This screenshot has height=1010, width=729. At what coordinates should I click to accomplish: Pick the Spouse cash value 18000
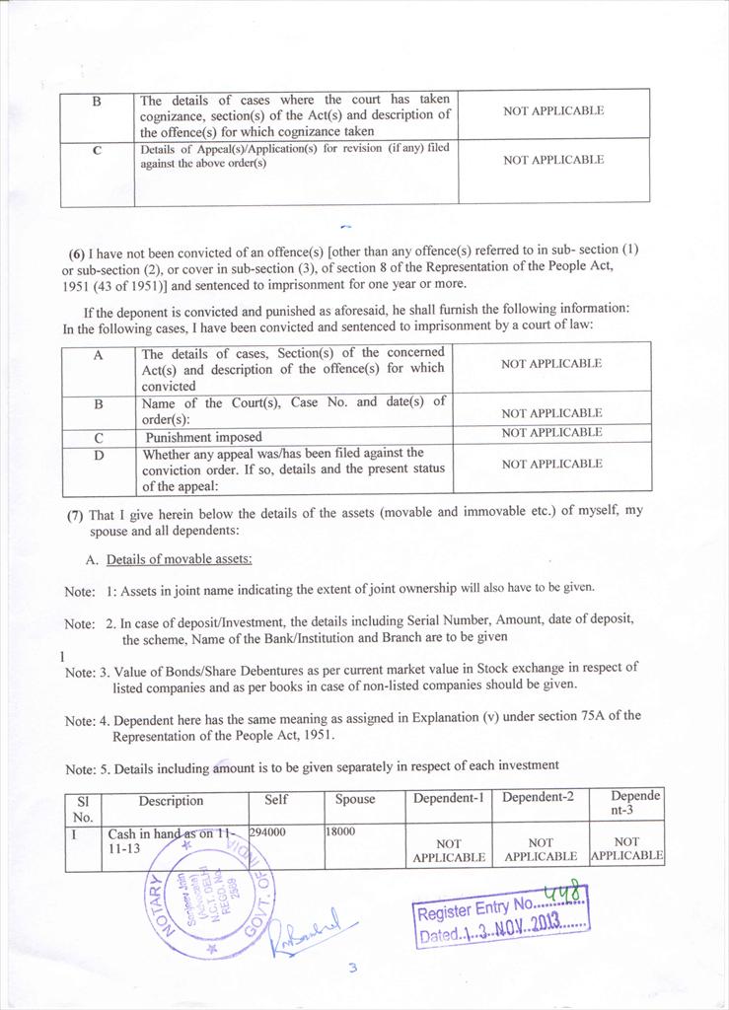tap(340, 832)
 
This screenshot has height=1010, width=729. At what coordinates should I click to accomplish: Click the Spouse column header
tap(355, 799)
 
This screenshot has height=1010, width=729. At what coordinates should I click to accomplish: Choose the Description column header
tap(171, 801)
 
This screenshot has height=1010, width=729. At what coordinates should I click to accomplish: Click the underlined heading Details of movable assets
tap(179, 559)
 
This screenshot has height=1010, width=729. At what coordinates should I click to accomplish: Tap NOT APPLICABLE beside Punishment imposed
tap(551, 433)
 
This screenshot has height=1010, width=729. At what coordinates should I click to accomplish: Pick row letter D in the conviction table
tap(99, 455)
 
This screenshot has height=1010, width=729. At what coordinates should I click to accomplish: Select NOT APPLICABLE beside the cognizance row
tap(553, 111)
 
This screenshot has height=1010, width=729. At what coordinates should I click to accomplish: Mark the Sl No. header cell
tap(83, 808)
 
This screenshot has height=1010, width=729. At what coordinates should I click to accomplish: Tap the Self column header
tap(276, 799)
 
